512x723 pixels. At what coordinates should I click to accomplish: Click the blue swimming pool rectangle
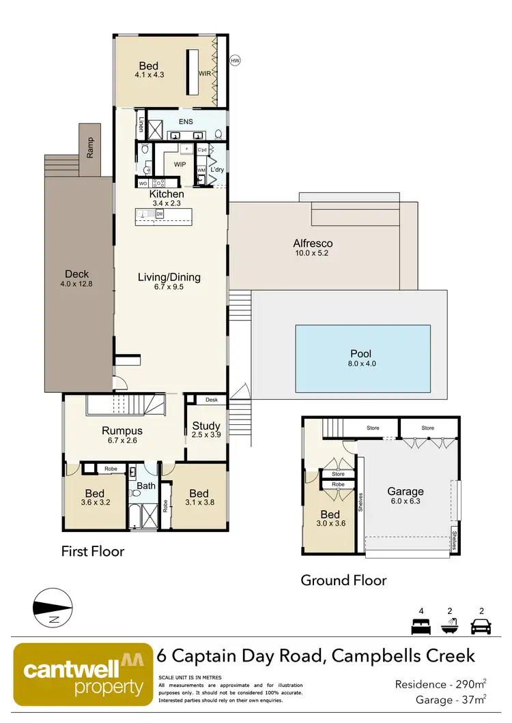(362, 359)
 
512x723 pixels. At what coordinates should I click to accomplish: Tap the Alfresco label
(313, 244)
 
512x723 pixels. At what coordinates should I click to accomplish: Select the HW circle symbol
(235, 60)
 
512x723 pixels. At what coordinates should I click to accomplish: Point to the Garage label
(406, 491)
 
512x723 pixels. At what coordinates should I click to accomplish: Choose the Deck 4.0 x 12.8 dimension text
(76, 283)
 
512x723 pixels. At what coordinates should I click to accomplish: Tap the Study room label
(206, 426)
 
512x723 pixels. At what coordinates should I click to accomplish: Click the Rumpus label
(122, 430)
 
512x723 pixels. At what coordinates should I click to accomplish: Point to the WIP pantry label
(180, 164)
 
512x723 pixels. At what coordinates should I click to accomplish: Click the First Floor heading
(93, 550)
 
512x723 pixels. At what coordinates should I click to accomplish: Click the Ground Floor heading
(343, 580)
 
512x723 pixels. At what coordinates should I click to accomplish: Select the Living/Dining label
(169, 277)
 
